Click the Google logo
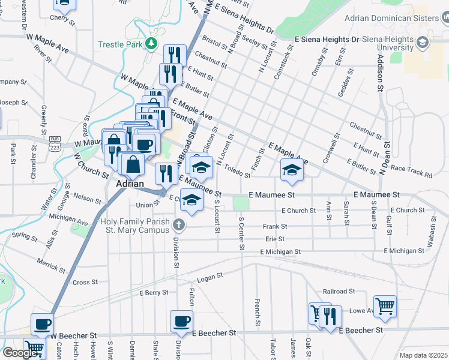[20, 353]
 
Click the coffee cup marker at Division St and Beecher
[181, 321]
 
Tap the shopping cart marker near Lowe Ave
[384, 305]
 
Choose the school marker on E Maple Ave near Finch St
[292, 170]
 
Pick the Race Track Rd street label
[411, 172]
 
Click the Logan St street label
[210, 276]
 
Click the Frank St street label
[276, 227]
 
